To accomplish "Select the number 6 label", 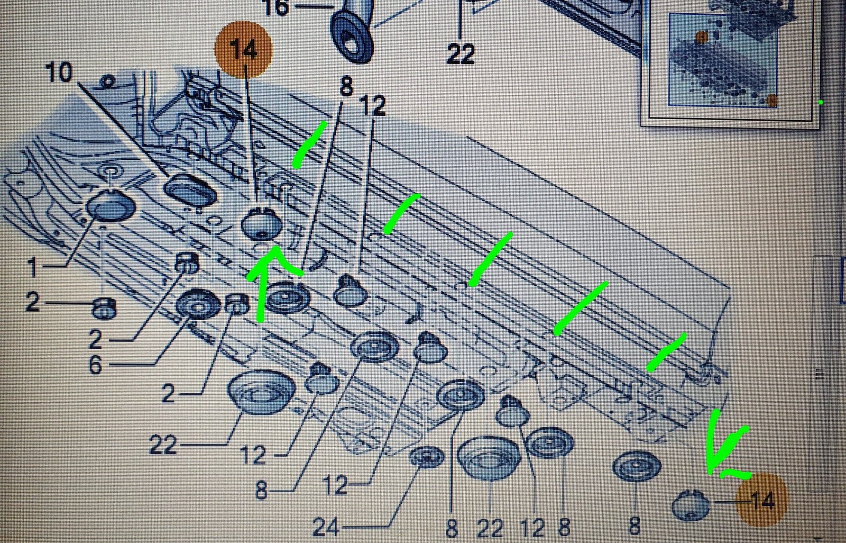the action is pyautogui.click(x=95, y=365).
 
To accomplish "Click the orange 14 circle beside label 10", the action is pyautogui.click(x=243, y=50).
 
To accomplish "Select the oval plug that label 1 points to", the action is pyautogui.click(x=111, y=206).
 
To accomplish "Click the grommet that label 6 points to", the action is pyautogui.click(x=198, y=303).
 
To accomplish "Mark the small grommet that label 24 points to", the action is pyautogui.click(x=427, y=456).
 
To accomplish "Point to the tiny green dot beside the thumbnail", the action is pyautogui.click(x=821, y=103).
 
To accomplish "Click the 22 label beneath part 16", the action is pyautogui.click(x=461, y=53).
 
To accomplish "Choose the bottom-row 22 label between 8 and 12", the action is pyautogui.click(x=490, y=528).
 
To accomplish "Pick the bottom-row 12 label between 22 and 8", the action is pyautogui.click(x=532, y=528).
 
